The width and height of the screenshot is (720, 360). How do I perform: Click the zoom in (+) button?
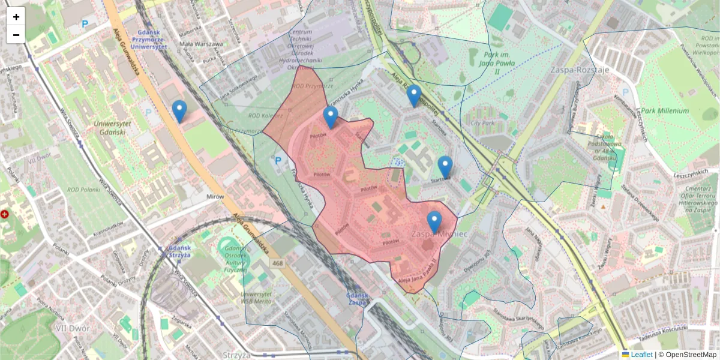[x=16, y=17]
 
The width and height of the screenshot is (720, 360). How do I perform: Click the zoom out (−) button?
[x=16, y=35]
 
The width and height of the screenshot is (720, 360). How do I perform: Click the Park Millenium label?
[x=665, y=111]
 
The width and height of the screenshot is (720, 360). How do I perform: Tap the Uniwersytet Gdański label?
[x=96, y=127]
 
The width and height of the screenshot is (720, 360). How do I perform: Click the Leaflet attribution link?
[x=641, y=355]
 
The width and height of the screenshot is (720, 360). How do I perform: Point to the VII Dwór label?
[x=72, y=328]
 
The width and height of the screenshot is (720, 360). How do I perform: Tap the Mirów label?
[x=214, y=196]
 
